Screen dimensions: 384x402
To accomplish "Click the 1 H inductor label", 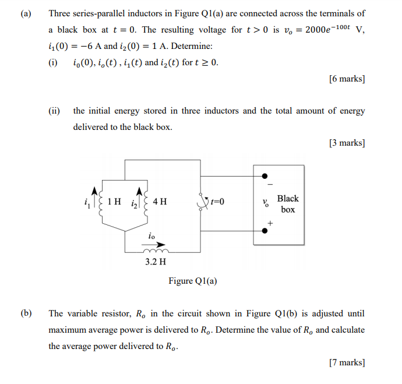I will [114, 202].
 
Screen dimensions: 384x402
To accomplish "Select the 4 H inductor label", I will [159, 202].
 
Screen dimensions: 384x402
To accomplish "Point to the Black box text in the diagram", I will [288, 204].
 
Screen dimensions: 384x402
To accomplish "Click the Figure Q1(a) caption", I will [193, 281].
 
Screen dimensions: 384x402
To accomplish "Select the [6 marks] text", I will [346, 79].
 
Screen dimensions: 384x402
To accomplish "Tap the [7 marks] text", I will [346, 362].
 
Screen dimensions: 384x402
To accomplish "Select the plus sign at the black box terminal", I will [269, 223].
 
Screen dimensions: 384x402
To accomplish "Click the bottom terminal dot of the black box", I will [266, 230].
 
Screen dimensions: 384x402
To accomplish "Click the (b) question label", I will [25, 313].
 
